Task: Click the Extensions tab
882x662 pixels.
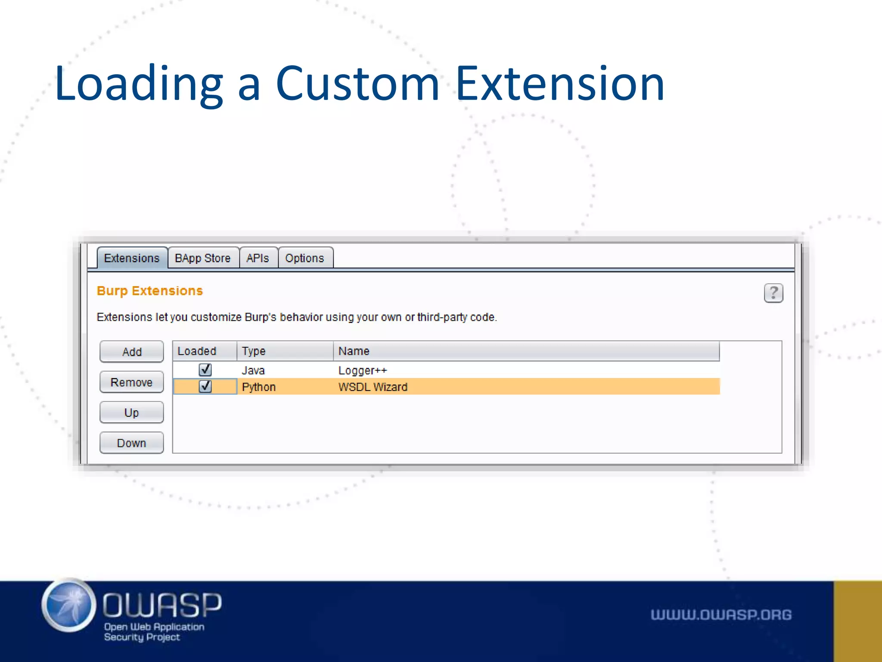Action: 132,258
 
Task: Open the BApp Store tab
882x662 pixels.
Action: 202,258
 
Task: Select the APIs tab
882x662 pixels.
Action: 258,258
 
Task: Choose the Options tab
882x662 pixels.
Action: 304,258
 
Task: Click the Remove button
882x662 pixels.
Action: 131,382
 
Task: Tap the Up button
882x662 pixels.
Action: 131,412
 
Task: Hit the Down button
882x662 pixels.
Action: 131,443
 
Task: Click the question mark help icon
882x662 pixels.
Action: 773,293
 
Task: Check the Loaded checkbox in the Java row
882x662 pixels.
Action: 205,370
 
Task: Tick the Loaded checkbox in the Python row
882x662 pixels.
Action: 205,386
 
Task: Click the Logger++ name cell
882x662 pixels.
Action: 363,370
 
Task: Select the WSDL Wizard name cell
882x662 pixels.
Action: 373,387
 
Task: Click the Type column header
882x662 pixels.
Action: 254,351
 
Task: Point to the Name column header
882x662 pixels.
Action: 354,351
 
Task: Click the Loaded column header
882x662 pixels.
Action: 197,351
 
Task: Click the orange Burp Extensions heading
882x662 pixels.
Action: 149,291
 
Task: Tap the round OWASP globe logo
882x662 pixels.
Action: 69,605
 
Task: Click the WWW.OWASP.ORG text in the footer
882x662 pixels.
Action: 721,615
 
